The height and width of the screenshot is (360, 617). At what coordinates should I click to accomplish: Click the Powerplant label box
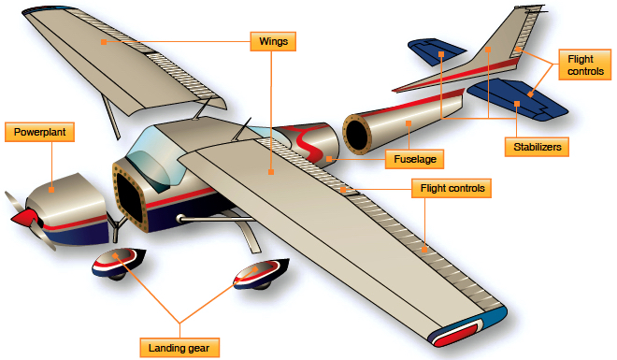tap(38, 132)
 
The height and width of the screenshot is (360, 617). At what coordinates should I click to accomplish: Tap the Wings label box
tap(273, 41)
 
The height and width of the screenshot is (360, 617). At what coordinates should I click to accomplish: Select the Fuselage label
tap(412, 158)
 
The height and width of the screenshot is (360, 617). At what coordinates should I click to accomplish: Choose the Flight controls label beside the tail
tap(580, 65)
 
